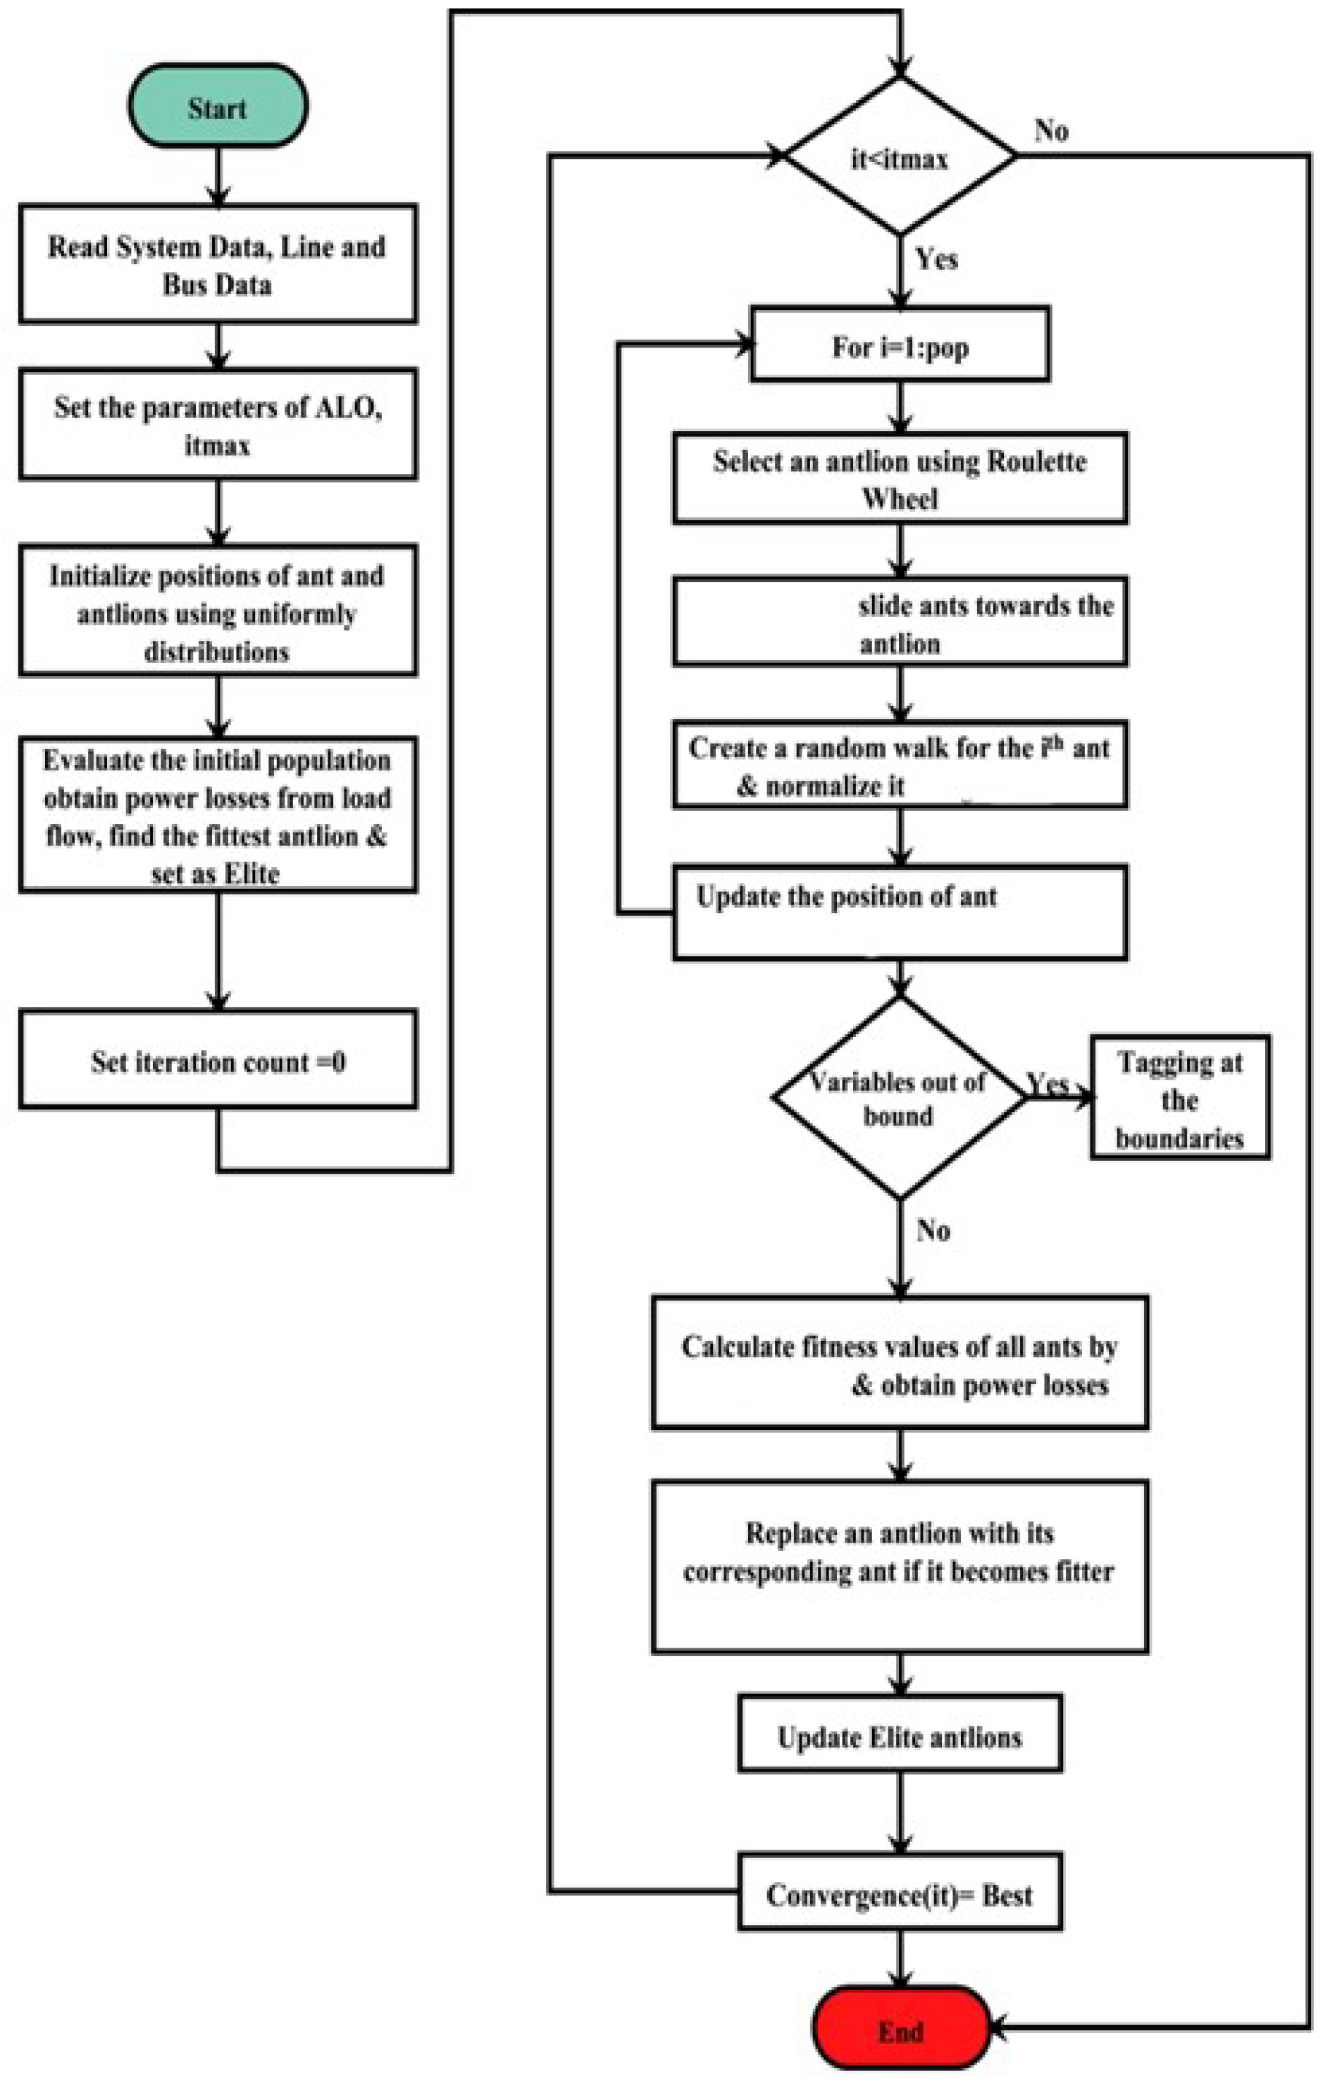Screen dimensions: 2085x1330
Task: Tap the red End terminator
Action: (900, 2031)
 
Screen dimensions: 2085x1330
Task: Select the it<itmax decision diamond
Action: (900, 156)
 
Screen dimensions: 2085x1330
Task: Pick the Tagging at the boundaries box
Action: (1179, 1098)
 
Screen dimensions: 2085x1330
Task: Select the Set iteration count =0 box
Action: (218, 1060)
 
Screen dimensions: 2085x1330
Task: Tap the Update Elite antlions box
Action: (900, 1736)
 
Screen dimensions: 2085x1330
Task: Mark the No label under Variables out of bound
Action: (933, 1230)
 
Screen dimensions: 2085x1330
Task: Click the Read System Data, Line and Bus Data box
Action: (218, 264)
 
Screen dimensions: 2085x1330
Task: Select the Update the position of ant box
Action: (900, 911)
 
